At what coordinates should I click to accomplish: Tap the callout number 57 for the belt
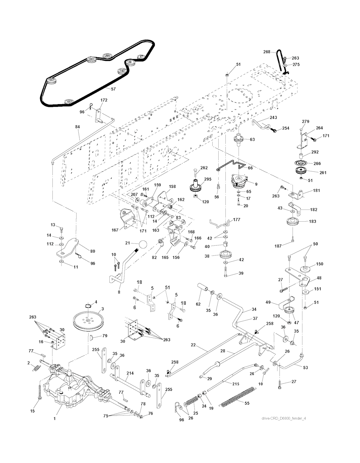coord(113,89)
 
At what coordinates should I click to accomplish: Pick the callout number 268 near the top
coord(266,52)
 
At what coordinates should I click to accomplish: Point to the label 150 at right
coord(320,264)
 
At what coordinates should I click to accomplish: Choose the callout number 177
coord(237,220)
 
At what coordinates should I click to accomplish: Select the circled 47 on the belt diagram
coord(141,57)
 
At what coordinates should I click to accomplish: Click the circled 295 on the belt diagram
coord(107,56)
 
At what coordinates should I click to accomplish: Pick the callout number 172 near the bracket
coord(104,100)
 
